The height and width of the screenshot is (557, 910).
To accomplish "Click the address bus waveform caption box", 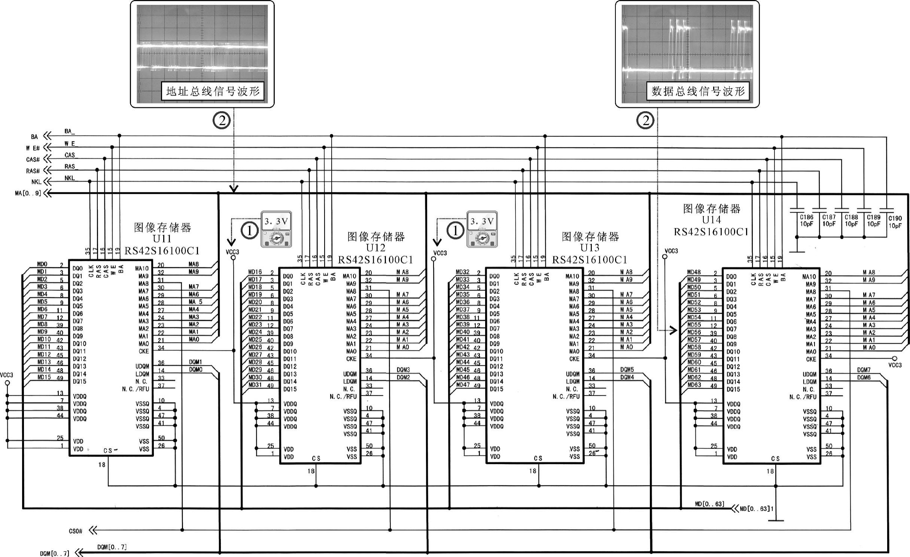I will [212, 91].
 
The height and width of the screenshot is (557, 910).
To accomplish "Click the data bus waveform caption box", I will [698, 91].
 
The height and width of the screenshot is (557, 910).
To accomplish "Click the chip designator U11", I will [162, 239].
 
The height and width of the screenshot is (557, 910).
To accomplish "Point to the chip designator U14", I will [711, 220].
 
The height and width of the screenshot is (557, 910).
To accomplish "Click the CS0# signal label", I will [75, 531].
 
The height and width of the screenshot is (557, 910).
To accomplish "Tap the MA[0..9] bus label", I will [28, 194].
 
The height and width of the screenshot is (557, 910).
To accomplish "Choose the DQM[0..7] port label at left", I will [55, 553].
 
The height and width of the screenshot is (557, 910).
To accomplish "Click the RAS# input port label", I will [33, 171].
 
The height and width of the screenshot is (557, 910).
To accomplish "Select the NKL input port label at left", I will [36, 182].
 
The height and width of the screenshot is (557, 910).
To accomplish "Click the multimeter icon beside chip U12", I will [276, 229].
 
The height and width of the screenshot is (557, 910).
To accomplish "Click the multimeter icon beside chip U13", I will [482, 229].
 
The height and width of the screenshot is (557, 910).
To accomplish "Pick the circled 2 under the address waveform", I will [221, 121].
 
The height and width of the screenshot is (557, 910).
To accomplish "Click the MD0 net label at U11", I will [42, 264].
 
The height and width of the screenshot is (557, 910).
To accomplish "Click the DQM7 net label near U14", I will [864, 370].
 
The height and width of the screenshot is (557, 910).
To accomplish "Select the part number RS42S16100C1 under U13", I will [590, 260].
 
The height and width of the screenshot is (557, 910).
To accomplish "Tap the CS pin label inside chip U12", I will [316, 459].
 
